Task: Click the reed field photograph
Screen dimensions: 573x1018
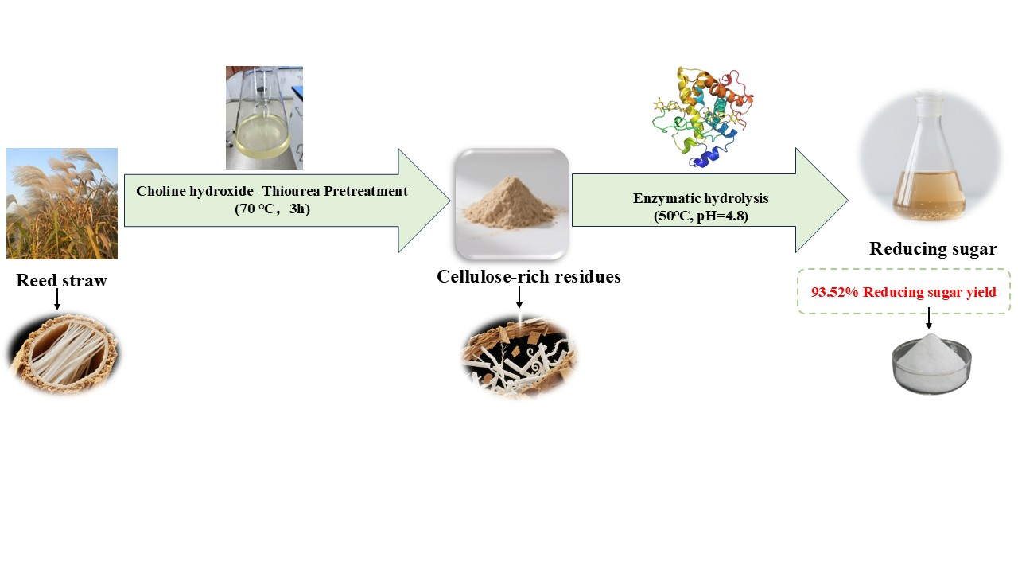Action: pos(62,204)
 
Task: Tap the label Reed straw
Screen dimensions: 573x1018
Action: pos(61,280)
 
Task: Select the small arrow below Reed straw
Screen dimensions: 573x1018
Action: pos(57,299)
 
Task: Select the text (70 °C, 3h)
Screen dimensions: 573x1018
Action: pos(272,209)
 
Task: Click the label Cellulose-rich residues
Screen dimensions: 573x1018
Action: pos(528,276)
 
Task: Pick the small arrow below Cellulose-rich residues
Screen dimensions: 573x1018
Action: pos(519,298)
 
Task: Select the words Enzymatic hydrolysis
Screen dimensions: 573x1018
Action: pos(690,198)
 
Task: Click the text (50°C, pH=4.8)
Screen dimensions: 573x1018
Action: pos(690,215)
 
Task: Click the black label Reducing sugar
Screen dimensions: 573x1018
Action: pos(933,248)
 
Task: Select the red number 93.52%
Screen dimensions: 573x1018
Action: pos(835,292)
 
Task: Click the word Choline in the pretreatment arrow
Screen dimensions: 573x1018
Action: pos(159,191)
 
